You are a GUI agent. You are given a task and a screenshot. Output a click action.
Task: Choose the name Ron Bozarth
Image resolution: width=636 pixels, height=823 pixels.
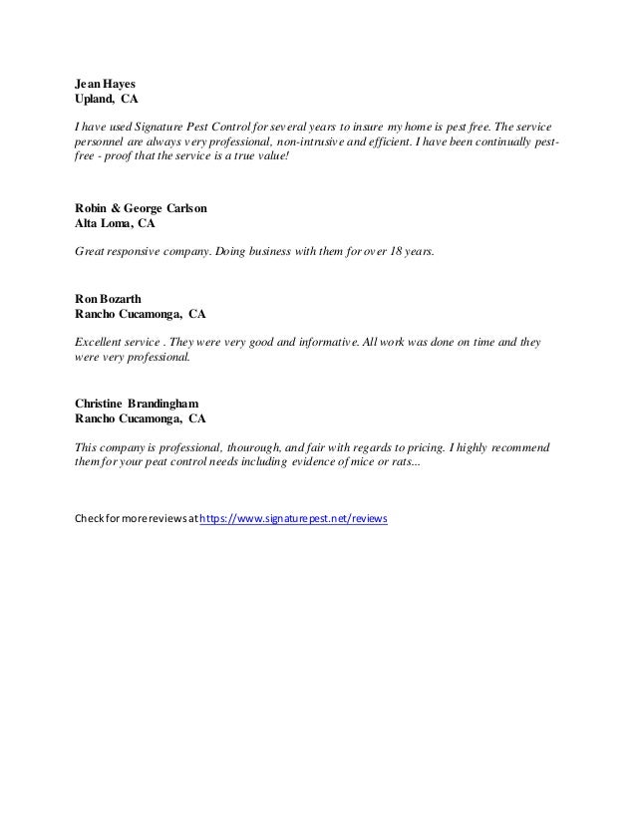[x=107, y=298]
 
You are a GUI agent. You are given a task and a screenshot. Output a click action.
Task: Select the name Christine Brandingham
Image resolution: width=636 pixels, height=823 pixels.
[x=144, y=404]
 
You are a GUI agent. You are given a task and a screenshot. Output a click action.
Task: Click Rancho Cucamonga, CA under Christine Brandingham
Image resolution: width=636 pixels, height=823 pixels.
[x=141, y=419]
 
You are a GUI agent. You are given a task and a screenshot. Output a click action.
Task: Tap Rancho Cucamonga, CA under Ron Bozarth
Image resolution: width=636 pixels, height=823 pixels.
[x=141, y=314]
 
